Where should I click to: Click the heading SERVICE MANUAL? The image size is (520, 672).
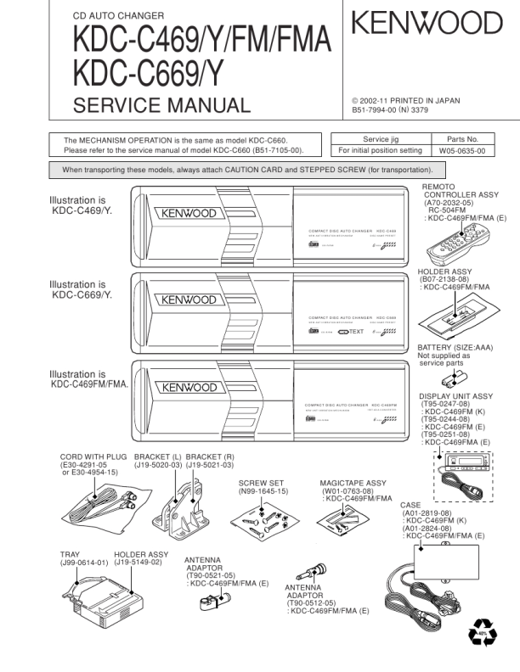[x=162, y=106]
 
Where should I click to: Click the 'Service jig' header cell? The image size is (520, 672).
[x=380, y=138]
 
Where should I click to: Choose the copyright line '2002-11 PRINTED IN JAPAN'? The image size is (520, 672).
[x=406, y=100]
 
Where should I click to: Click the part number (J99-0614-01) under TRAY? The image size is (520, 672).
[x=84, y=563]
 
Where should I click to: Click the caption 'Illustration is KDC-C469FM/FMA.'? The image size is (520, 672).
[x=89, y=378]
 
